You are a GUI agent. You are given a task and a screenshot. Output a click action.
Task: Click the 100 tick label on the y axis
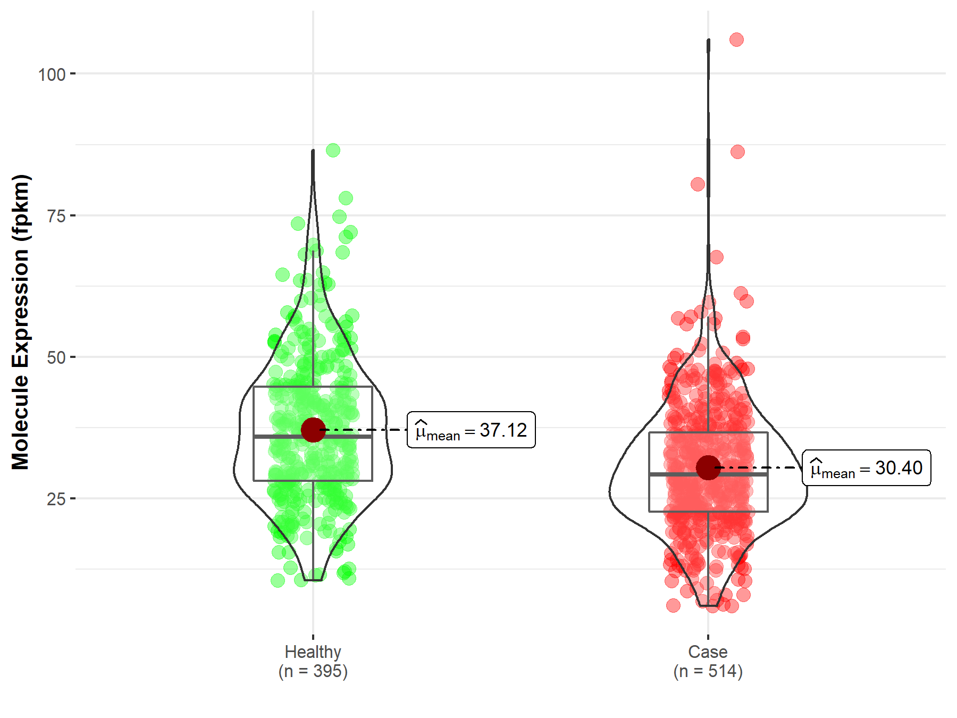tap(52, 74)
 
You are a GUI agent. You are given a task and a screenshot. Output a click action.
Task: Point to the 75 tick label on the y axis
tap(56, 216)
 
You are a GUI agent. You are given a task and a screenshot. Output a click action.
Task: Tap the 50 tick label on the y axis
tap(56, 357)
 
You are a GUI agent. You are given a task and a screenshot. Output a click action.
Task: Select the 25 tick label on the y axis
tap(56, 499)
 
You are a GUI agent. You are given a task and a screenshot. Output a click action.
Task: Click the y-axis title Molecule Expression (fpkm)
tap(21, 322)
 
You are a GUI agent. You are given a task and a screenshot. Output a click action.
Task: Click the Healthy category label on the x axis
tap(313, 652)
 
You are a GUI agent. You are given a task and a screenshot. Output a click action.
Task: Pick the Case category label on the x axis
tap(708, 652)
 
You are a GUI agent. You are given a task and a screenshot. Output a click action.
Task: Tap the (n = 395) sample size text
tap(313, 671)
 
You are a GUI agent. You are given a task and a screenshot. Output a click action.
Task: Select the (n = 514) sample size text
tap(708, 671)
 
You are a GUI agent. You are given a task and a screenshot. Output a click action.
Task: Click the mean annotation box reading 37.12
tap(471, 430)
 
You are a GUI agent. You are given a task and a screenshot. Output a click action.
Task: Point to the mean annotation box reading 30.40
tap(866, 468)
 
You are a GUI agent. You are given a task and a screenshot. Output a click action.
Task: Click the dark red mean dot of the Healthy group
tap(313, 429)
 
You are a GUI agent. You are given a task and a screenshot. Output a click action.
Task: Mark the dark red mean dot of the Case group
tap(708, 467)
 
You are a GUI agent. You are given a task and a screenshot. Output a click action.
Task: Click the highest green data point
tap(333, 150)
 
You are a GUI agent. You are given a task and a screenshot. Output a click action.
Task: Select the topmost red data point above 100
tap(736, 39)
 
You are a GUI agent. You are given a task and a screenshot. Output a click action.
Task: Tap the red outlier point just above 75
tap(698, 185)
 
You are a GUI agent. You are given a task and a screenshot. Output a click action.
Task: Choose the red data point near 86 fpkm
tap(737, 152)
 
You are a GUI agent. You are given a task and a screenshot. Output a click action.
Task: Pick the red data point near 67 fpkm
tap(716, 257)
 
